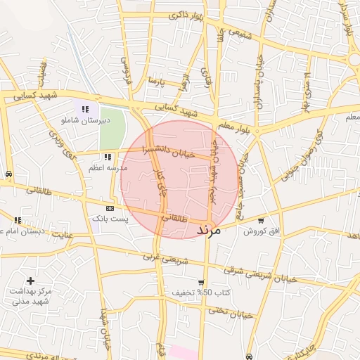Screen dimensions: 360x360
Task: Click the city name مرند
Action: [x=209, y=229]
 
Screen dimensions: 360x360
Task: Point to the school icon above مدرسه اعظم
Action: [x=108, y=157]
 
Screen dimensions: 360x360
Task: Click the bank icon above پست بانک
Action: [x=110, y=209]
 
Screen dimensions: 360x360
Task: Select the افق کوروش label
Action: [x=262, y=231]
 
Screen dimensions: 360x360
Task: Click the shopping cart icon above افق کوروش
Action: [x=262, y=220]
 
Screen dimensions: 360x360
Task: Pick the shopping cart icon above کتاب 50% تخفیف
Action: [x=201, y=282]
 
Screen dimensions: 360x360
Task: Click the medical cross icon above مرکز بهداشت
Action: [x=30, y=281]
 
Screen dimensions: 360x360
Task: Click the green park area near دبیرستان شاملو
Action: [x=112, y=126]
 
